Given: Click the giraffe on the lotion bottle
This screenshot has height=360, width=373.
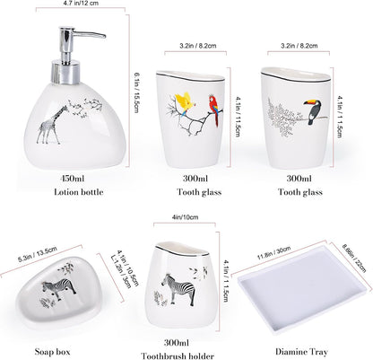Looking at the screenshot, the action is [51, 125].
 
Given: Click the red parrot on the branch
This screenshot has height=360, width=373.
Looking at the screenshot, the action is [214, 110].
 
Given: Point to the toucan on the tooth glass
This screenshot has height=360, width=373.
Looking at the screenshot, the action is [314, 111].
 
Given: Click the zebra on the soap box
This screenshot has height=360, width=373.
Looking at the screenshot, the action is [59, 288].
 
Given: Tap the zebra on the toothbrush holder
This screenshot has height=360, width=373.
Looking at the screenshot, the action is [178, 289].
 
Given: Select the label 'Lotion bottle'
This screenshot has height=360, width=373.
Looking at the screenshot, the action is [79, 192].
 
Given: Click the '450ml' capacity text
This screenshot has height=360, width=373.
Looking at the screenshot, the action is [73, 179].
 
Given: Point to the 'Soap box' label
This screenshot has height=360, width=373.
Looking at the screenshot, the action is [52, 352].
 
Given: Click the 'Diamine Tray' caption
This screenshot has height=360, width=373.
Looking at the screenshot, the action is [301, 352].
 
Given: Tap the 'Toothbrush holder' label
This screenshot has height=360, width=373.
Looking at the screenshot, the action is [178, 356].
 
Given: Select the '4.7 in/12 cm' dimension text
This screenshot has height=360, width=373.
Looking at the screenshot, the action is [81, 4].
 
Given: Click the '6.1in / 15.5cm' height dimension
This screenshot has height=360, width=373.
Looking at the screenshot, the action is [136, 92].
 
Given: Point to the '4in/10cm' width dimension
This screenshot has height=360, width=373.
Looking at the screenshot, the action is [185, 217].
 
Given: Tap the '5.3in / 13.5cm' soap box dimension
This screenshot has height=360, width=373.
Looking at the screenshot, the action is [38, 254].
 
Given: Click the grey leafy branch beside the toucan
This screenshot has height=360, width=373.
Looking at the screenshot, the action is [283, 117].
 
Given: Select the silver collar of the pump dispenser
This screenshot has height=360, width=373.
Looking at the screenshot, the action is [65, 72].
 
